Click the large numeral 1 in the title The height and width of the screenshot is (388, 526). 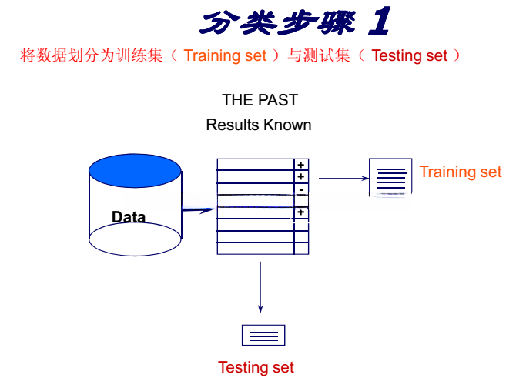[380, 21]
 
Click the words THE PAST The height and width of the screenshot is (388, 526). [260, 100]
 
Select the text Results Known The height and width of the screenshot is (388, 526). [259, 125]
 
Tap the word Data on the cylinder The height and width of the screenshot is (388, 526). [129, 217]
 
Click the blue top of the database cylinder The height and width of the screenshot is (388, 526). [135, 171]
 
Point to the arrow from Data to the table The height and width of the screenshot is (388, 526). [198, 210]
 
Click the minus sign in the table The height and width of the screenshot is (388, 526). [301, 190]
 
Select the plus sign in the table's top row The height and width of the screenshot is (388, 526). [301, 165]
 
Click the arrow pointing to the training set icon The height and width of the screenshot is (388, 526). [343, 178]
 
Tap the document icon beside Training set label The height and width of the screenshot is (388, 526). [390, 177]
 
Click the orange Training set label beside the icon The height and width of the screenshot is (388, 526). [461, 172]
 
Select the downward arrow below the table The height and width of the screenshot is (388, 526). [260, 287]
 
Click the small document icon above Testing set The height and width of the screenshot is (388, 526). [263, 335]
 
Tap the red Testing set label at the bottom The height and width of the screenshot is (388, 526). [256, 367]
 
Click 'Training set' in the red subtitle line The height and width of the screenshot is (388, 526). [225, 55]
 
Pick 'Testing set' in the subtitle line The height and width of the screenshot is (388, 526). [410, 55]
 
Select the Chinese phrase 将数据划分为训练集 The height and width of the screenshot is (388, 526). [91, 55]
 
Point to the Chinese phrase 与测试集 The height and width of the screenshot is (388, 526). [319, 55]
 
